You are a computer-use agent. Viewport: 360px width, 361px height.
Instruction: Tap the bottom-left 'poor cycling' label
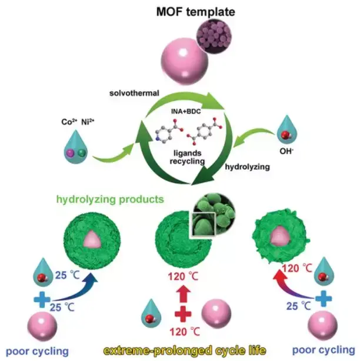(41, 351)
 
